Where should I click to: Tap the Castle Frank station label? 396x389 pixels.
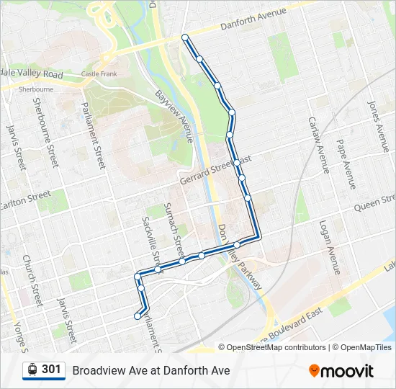click(x=99, y=73)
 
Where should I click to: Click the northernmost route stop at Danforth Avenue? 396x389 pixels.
click(x=185, y=37)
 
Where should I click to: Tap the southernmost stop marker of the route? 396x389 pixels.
click(x=137, y=316)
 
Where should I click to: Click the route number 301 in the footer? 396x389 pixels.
click(x=51, y=370)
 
